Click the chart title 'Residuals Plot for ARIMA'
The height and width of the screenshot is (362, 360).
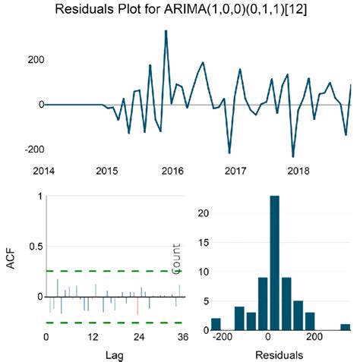coord(180,11)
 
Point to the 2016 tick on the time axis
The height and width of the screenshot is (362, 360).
coord(172,172)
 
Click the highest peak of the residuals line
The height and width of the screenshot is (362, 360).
coord(166,32)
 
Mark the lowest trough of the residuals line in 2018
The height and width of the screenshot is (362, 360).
coord(292,156)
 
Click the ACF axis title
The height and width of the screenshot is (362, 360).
coord(11,263)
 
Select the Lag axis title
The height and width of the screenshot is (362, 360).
coord(112,354)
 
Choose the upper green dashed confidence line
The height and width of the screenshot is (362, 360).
coord(114,271)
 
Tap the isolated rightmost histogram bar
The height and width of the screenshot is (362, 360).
coord(346,326)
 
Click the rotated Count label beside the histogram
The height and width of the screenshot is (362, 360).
coord(177,259)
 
